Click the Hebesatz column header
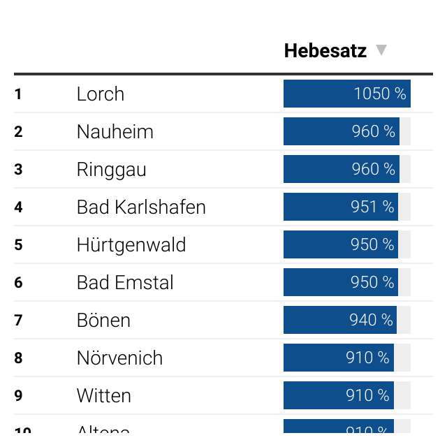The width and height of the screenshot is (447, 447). pos(325,51)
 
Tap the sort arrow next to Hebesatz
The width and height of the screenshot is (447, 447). pos(381,50)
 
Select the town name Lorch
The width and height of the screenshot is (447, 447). pos(100,94)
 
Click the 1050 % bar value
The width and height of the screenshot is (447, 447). pos(379,94)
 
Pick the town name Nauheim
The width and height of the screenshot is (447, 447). pos(115,132)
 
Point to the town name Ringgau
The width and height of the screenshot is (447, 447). pos(111,170)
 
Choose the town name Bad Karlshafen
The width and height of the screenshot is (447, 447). pos(141,207)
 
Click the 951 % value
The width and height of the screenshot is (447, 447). pos(372,207)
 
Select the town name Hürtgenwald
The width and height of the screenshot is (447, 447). pos(131,245)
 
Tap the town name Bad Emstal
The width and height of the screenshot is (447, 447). pos(125,283)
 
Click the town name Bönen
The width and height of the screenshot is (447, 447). pos(103,321)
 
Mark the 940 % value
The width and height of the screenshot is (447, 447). pos(371,321)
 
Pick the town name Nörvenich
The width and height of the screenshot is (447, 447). pos(119,358)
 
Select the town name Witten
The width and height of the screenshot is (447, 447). pos(103,396)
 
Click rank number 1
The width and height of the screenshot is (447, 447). pos(18,94)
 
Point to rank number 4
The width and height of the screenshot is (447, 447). pos(18,207)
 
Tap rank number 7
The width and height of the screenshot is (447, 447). pos(18,321)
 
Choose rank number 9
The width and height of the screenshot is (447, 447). pos(18,396)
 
